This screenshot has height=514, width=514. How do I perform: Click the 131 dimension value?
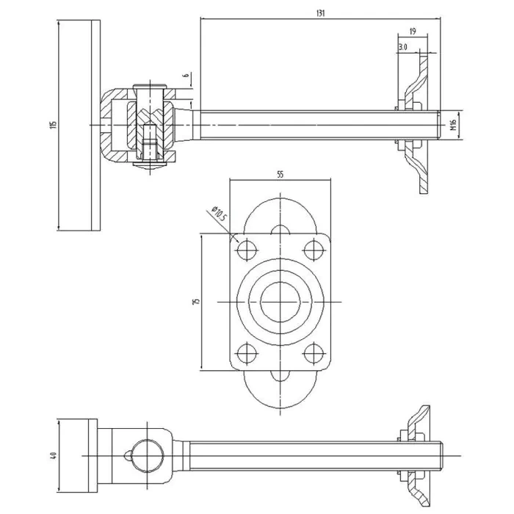320,13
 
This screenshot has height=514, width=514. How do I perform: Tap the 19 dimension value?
413,32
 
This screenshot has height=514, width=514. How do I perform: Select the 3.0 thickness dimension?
403,47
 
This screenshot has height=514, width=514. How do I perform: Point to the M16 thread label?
453,125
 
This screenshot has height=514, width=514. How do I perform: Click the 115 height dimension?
54,125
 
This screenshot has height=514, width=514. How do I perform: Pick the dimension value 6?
187,75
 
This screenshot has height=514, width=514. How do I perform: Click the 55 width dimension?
280,175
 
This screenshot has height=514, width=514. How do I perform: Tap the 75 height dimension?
196,302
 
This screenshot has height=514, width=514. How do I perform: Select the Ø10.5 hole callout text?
219,213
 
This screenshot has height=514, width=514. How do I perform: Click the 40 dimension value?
54,455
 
